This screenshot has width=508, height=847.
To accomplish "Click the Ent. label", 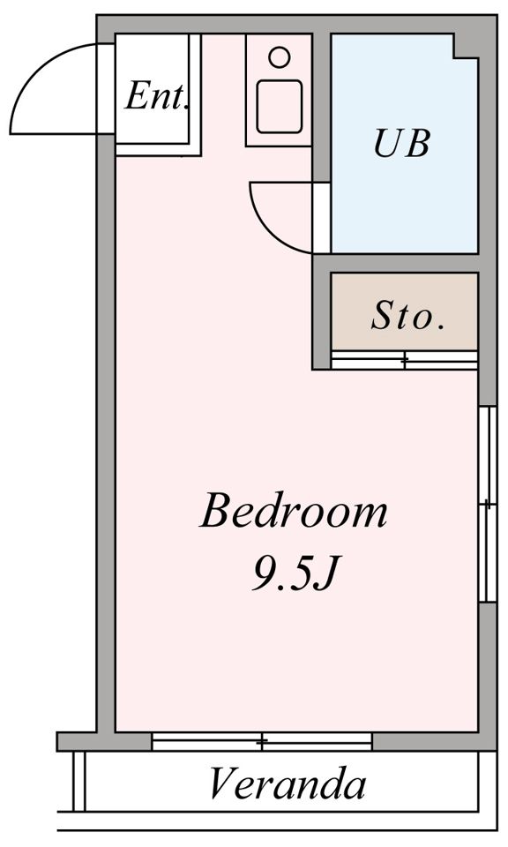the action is coord(157,95).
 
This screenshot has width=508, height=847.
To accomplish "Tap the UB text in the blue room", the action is coord(402,143).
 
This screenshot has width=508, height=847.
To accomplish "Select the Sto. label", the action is coord(407,316).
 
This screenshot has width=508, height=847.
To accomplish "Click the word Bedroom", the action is coord(294,511).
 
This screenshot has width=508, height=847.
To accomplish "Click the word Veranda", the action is coord(288,783).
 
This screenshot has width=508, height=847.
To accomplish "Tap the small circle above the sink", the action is coord(279,57).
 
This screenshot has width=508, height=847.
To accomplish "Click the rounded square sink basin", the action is coord(279,107).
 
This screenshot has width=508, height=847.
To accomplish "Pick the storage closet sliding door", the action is coord(404,360).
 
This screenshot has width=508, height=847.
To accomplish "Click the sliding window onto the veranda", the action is coord(262,742).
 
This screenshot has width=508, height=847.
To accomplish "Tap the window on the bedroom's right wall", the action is coord(488,504).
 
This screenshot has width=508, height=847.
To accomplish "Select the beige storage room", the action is coord(404,311).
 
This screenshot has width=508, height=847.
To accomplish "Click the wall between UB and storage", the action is coord(396,263).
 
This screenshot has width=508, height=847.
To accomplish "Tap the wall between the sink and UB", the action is coord(321,107).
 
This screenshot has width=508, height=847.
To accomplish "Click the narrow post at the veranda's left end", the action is coord(78,781).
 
